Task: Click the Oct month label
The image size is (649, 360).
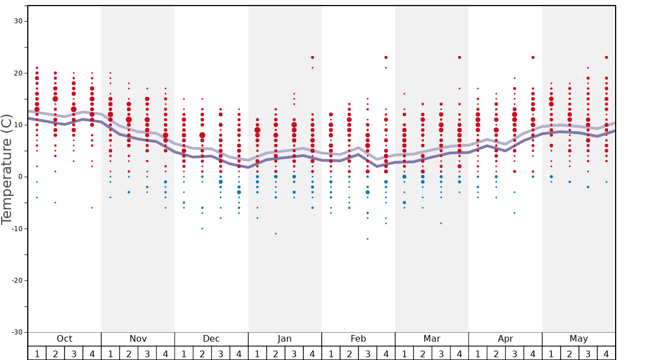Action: [x=64, y=339]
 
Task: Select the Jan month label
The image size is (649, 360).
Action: [x=284, y=339]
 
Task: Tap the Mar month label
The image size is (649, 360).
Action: [x=432, y=339]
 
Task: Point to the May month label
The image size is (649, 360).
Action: [x=578, y=339]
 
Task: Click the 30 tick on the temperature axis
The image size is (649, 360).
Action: [x=18, y=21]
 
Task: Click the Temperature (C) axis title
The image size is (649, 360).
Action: [x=7, y=169]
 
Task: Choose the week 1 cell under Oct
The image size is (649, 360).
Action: [x=37, y=353]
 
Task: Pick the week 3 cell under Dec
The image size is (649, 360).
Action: [x=221, y=353]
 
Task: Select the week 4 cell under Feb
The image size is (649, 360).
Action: [x=386, y=353]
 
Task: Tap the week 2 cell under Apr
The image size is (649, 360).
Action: [x=496, y=353]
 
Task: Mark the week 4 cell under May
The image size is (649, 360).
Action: [x=606, y=353]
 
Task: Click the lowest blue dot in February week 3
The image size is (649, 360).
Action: [x=367, y=239]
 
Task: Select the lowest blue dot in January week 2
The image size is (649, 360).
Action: [x=276, y=233]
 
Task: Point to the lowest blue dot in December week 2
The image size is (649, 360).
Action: [x=202, y=228]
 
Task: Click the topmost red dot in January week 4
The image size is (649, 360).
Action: [x=312, y=57]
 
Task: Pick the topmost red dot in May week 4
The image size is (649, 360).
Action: [x=606, y=57]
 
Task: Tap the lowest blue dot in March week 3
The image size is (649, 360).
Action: [x=441, y=223]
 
